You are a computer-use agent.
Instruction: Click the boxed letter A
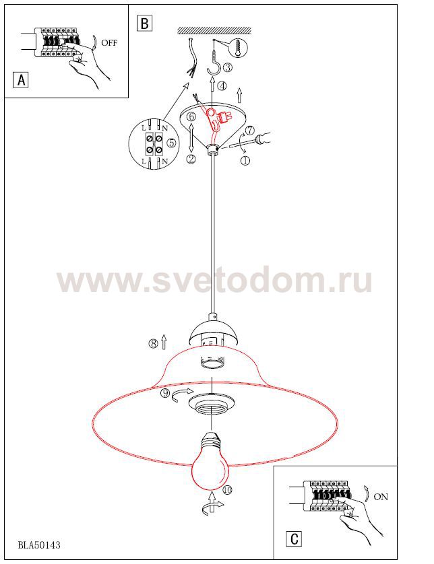pos(21,79)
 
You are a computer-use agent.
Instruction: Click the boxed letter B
pos(144,24)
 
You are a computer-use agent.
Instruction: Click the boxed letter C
pos(294,539)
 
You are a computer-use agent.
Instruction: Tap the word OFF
pos(109,43)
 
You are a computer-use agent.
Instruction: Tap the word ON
pos(381,497)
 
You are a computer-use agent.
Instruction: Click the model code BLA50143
pos(39,545)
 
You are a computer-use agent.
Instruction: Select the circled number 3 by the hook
pos(228,67)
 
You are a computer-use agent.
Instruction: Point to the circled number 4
pos(222,86)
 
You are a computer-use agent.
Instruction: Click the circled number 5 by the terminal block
pos(171,143)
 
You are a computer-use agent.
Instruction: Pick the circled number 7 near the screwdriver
pos(249,130)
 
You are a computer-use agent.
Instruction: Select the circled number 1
pos(245,160)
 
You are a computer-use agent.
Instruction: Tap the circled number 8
pos(153,343)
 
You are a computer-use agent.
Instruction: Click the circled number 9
pos(165,393)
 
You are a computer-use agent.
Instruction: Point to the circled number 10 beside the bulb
pos(227,489)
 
